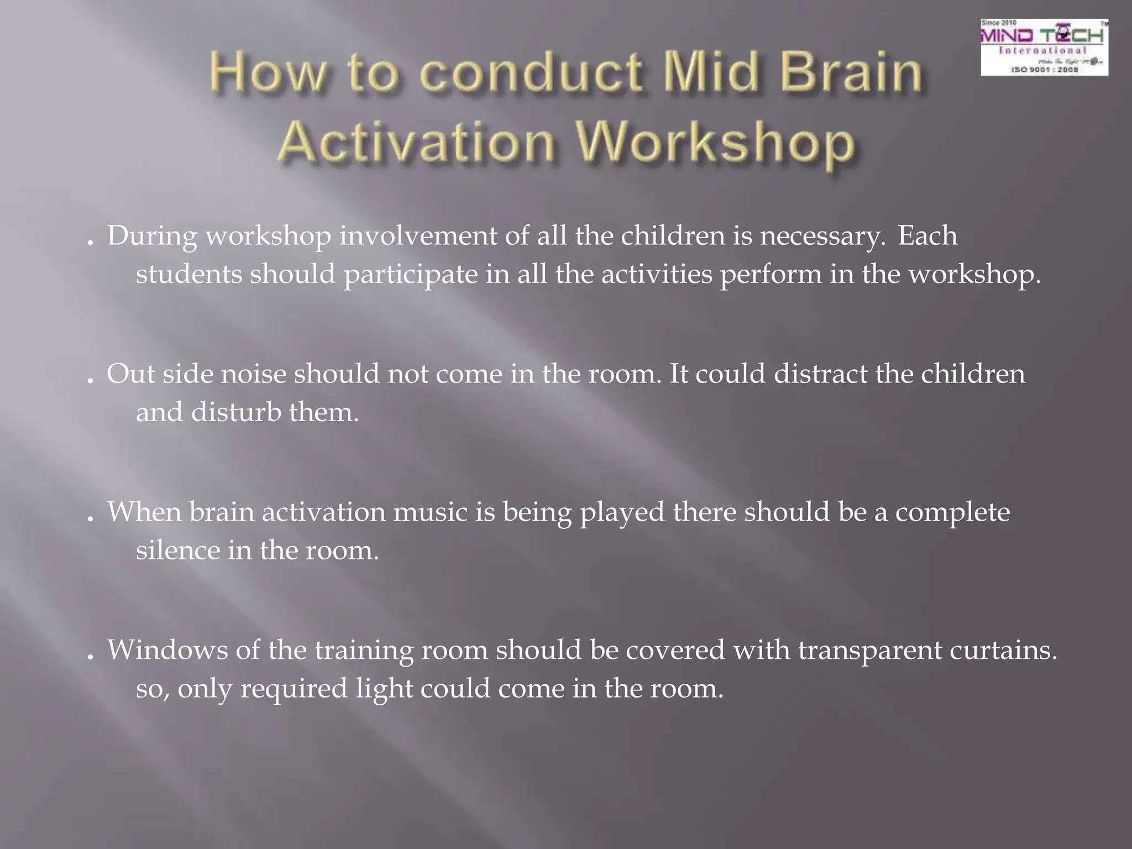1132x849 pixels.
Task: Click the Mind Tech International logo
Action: (x=1044, y=48)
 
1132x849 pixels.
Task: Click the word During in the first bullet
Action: (x=152, y=236)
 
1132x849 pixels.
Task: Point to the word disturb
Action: (x=236, y=412)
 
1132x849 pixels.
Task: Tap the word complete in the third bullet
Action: (x=952, y=513)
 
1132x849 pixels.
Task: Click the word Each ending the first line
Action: (x=927, y=236)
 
